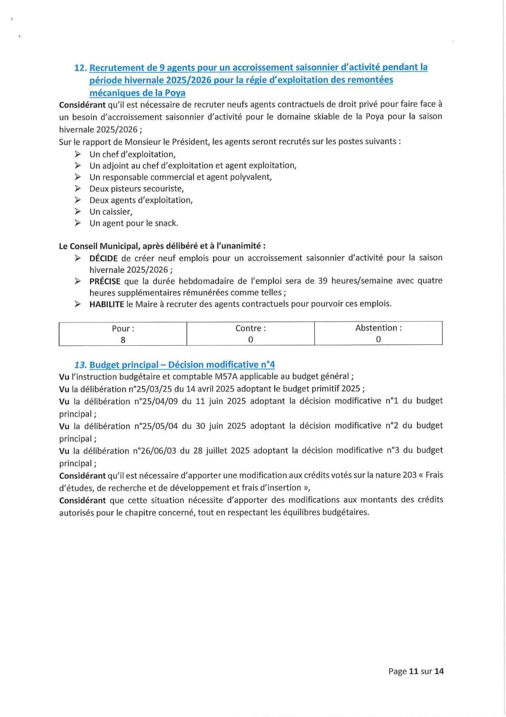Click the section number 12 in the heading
click(80, 68)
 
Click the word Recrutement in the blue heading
click(116, 68)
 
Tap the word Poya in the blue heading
click(175, 93)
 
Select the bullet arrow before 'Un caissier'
click(77, 212)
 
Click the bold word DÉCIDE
click(103, 258)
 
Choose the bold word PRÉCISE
click(105, 281)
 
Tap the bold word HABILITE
click(107, 304)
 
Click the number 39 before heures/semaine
click(323, 281)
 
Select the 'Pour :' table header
click(123, 329)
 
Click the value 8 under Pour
click(123, 340)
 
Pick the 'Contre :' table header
click(250, 329)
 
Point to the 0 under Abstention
click(378, 340)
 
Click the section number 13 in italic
click(80, 365)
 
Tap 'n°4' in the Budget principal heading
click(268, 365)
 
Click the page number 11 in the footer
click(413, 671)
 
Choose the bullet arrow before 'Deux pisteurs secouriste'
click(77, 188)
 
